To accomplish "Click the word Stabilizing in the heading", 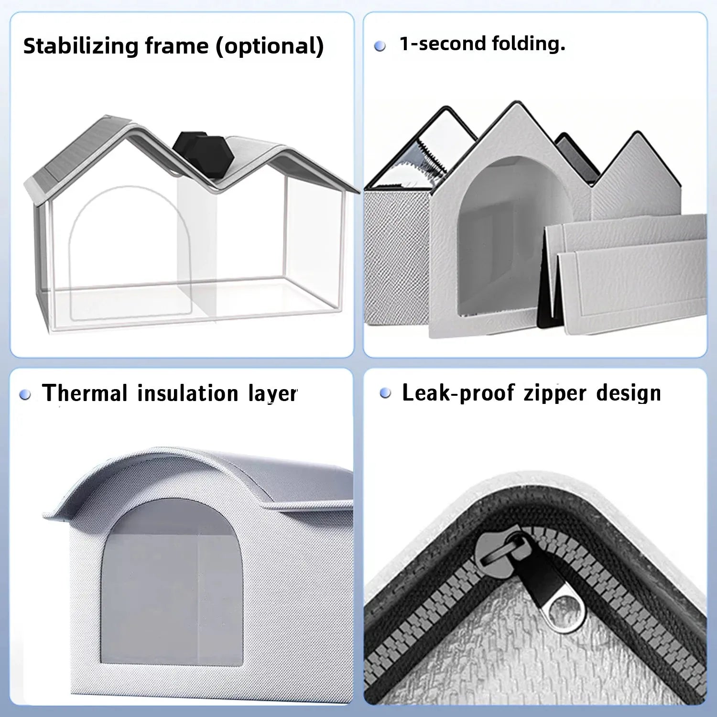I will click(80, 47).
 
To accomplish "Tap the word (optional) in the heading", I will click(270, 47).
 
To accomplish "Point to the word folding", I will click(528, 44).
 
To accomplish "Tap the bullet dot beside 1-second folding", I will click(380, 46).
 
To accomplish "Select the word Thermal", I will click(85, 393).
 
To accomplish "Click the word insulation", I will click(188, 393).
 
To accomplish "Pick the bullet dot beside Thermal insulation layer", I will click(25, 395).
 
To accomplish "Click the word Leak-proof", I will click(458, 393).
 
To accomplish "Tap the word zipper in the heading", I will click(554, 394).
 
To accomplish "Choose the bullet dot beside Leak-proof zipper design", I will click(385, 393).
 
